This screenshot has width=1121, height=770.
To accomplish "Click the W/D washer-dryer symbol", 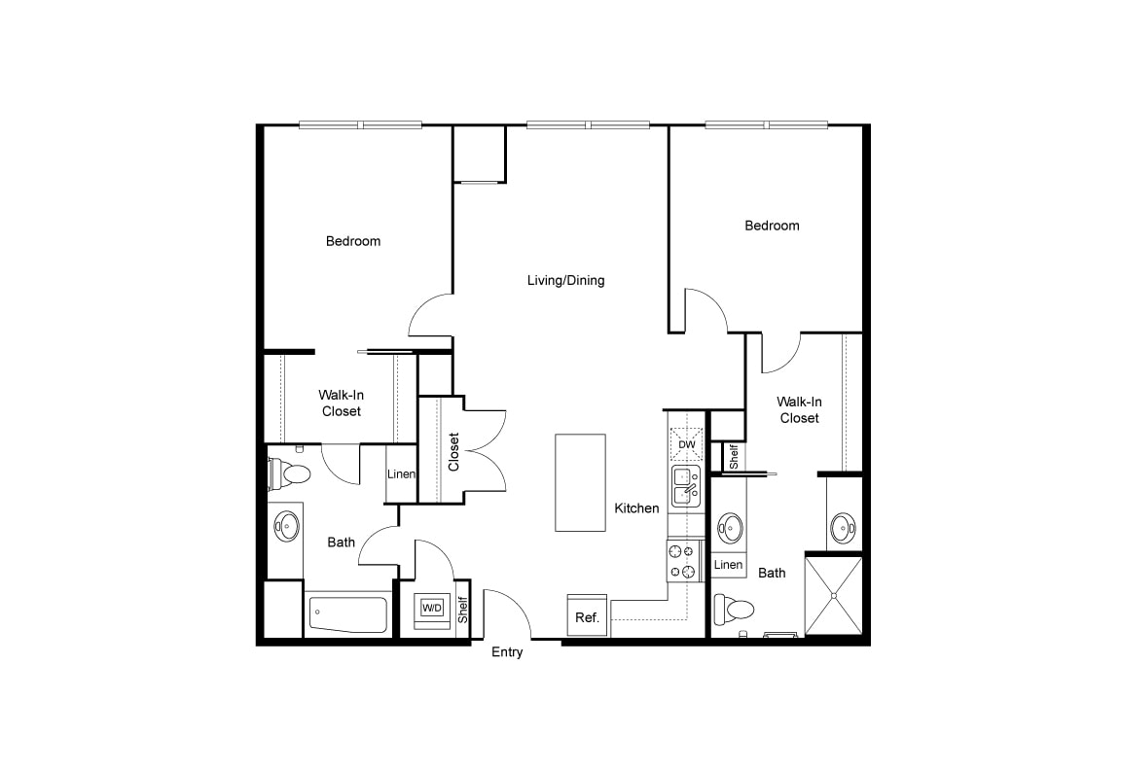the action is click(x=432, y=609).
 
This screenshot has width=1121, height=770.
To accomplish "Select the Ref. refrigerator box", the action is click(x=588, y=615).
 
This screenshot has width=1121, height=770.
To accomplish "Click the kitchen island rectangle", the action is click(x=581, y=483).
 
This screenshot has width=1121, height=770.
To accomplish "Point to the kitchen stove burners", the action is click(x=682, y=561).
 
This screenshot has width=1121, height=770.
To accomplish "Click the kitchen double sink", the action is click(x=686, y=486).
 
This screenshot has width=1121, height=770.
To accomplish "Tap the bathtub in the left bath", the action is click(x=349, y=614).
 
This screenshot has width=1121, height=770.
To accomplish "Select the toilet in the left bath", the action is click(x=290, y=472).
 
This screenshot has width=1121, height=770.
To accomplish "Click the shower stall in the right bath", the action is click(x=834, y=594).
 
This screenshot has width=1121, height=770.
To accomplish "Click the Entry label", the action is click(x=507, y=652).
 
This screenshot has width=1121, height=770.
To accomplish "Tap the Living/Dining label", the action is click(x=566, y=281).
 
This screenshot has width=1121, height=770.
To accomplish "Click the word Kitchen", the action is click(x=637, y=508).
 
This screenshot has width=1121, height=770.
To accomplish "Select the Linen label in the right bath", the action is click(x=728, y=565).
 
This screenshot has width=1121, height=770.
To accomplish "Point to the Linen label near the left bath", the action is click(x=401, y=474).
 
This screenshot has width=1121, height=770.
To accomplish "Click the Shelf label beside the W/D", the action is click(x=463, y=610).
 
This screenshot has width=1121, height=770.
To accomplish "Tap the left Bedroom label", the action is click(x=353, y=241).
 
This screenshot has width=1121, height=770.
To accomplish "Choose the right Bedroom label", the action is click(x=772, y=226).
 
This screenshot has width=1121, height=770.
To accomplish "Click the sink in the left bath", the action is click(x=287, y=526).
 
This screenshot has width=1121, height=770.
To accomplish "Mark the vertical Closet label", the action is click(x=453, y=452).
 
